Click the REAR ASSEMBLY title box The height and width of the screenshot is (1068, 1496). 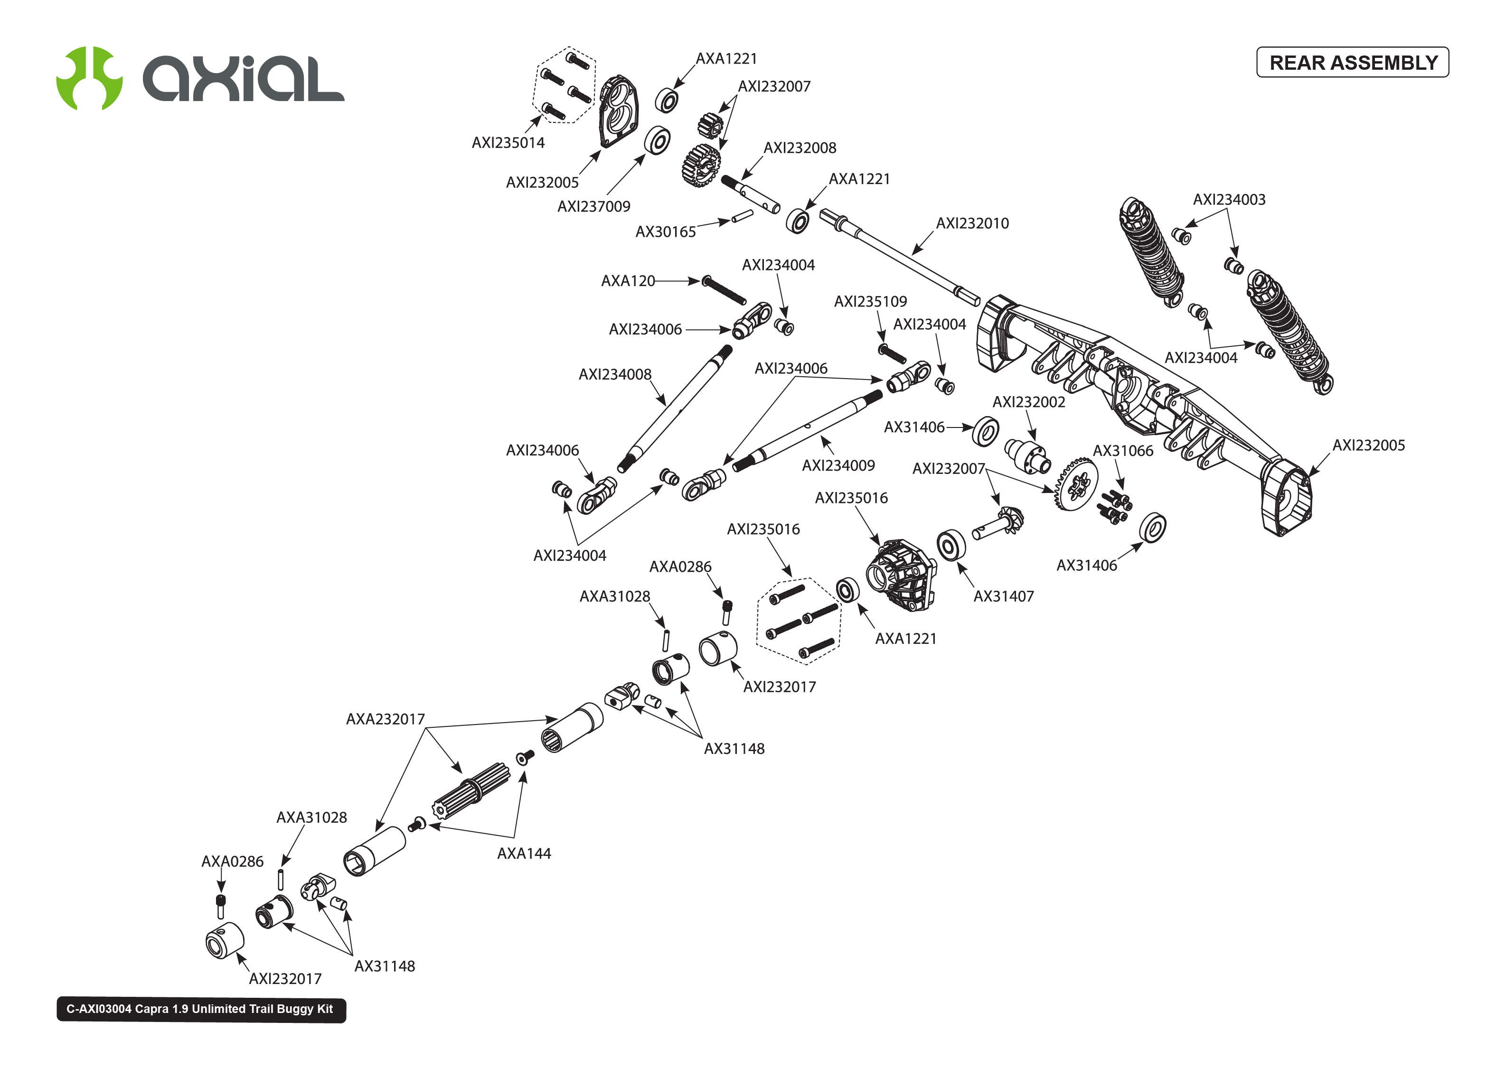pyautogui.click(x=1352, y=63)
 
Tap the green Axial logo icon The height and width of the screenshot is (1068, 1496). pyautogui.click(x=89, y=78)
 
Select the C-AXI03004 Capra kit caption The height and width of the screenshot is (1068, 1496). pyautogui.click(x=201, y=1009)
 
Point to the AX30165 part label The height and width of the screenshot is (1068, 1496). pyautogui.click(x=665, y=232)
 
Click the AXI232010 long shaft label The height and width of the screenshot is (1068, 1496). pyautogui.click(x=972, y=223)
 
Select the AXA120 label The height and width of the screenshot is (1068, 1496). pyautogui.click(x=628, y=281)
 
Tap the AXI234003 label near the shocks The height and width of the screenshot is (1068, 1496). pyautogui.click(x=1229, y=200)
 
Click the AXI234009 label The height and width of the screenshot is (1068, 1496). pyautogui.click(x=838, y=465)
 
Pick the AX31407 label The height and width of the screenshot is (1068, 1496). pyautogui.click(x=1003, y=596)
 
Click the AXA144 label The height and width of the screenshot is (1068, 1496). pyautogui.click(x=524, y=854)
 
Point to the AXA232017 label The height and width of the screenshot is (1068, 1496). pyautogui.click(x=386, y=719)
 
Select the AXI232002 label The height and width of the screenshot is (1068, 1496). pyautogui.click(x=1028, y=402)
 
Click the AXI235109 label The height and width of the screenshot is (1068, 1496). pyautogui.click(x=870, y=302)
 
